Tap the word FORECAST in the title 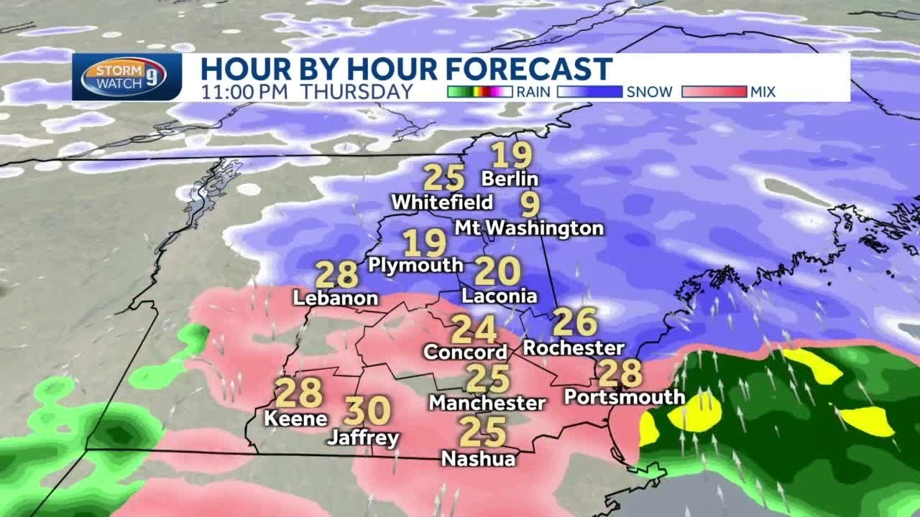(x=530, y=69)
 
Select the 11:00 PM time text (x=245, y=92)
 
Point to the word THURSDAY (x=356, y=92)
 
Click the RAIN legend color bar (x=479, y=92)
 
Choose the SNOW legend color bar (x=589, y=92)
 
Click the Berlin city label (x=510, y=178)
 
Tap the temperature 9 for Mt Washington (x=530, y=205)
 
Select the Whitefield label (x=442, y=202)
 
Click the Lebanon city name (x=336, y=298)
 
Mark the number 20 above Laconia (x=497, y=272)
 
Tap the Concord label (x=466, y=353)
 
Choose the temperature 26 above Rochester (x=575, y=322)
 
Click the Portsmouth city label (x=624, y=396)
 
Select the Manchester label (x=487, y=404)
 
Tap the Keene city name (x=296, y=418)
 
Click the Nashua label (x=479, y=458)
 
